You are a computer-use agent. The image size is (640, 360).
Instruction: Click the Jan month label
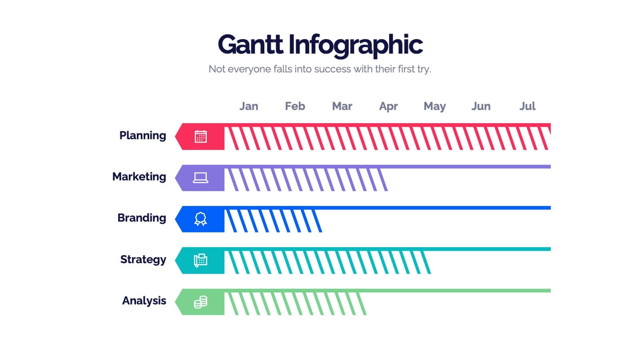249,106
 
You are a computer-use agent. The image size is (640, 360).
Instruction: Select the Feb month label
295,106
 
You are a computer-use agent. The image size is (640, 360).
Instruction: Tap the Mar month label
342,106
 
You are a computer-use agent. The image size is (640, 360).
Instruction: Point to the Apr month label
388,106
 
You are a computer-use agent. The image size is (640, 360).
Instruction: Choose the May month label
434,106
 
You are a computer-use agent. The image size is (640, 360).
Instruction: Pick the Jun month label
481,106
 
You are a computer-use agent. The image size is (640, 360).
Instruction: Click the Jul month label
527,106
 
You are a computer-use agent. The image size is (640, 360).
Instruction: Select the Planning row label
142,136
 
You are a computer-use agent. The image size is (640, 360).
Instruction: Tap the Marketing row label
139,177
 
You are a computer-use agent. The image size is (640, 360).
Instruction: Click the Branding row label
142,218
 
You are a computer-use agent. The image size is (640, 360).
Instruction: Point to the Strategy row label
143,260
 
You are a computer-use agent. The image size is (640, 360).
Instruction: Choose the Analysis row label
144,301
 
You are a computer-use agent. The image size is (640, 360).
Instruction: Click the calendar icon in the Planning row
200,137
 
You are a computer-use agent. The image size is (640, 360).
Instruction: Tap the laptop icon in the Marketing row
200,178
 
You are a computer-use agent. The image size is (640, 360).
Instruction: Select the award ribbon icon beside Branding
200,219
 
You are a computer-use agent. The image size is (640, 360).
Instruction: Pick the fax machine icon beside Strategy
200,260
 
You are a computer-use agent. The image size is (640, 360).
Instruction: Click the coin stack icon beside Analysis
200,302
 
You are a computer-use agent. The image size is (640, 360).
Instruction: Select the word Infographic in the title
355,45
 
